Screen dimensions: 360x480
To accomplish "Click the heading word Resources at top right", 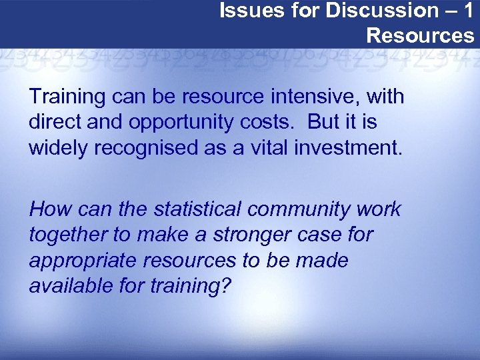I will pos(421,35).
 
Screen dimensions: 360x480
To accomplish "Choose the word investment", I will pos(347,147).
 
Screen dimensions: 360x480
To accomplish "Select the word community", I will pos(303,209).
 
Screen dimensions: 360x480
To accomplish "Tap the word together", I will pos(66,235).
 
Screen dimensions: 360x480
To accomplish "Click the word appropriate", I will pos(79,260).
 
